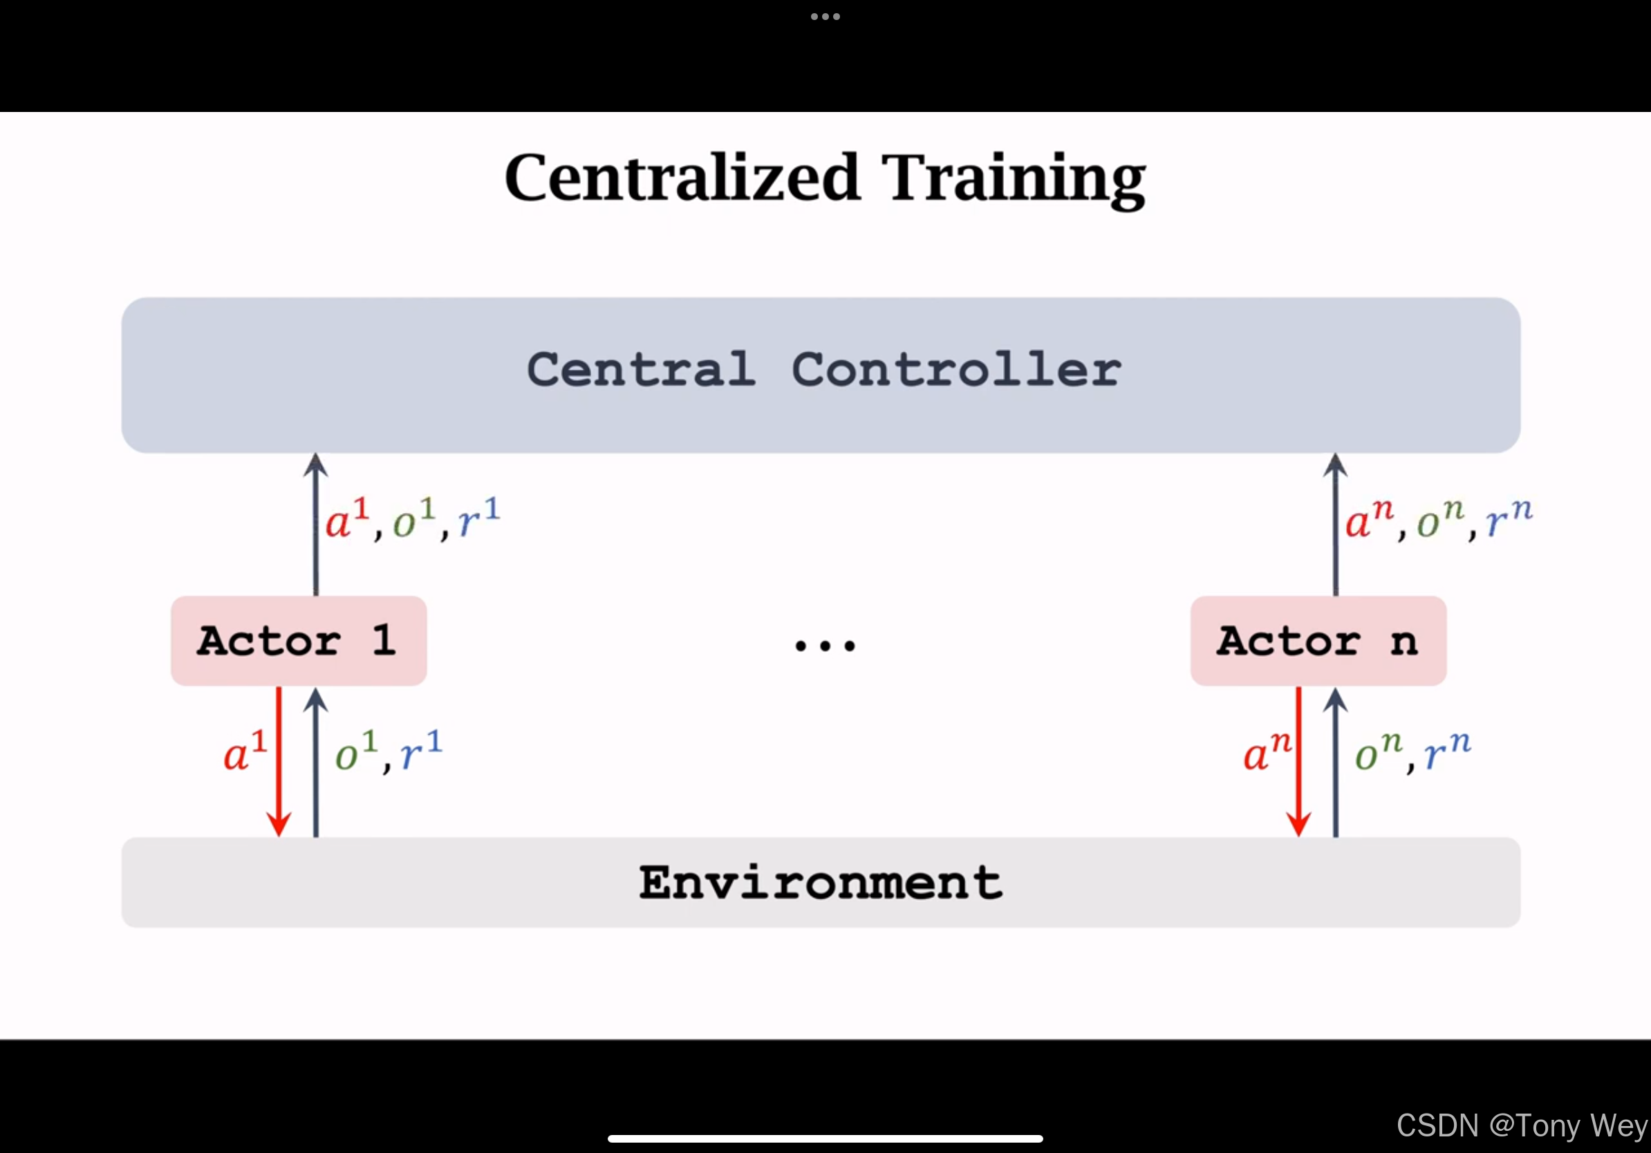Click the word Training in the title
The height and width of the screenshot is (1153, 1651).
pyautogui.click(x=1014, y=180)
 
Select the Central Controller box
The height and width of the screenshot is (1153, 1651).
pyautogui.click(x=821, y=375)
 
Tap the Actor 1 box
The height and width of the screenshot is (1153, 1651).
pyautogui.click(x=299, y=641)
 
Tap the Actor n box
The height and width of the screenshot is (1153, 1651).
pyautogui.click(x=1318, y=641)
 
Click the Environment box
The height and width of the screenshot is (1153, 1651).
pyautogui.click(x=821, y=882)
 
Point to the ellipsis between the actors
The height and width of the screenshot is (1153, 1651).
pyautogui.click(x=825, y=646)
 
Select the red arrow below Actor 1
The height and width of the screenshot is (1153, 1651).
pyautogui.click(x=279, y=761)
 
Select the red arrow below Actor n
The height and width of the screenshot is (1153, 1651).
pyautogui.click(x=1298, y=761)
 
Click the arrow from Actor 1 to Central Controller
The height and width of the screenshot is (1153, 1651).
pyautogui.click(x=316, y=524)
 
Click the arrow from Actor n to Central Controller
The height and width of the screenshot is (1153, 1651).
pyautogui.click(x=1335, y=524)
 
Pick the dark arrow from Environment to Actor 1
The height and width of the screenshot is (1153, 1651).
pyautogui.click(x=316, y=762)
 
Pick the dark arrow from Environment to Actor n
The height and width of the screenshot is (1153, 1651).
pyautogui.click(x=1335, y=762)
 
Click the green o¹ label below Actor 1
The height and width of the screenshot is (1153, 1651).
pyautogui.click(x=356, y=751)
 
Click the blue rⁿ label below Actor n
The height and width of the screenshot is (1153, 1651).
pyautogui.click(x=1448, y=751)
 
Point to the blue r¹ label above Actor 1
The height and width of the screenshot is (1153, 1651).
pyautogui.click(x=479, y=518)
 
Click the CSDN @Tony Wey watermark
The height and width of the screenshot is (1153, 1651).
pyautogui.click(x=1522, y=1125)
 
